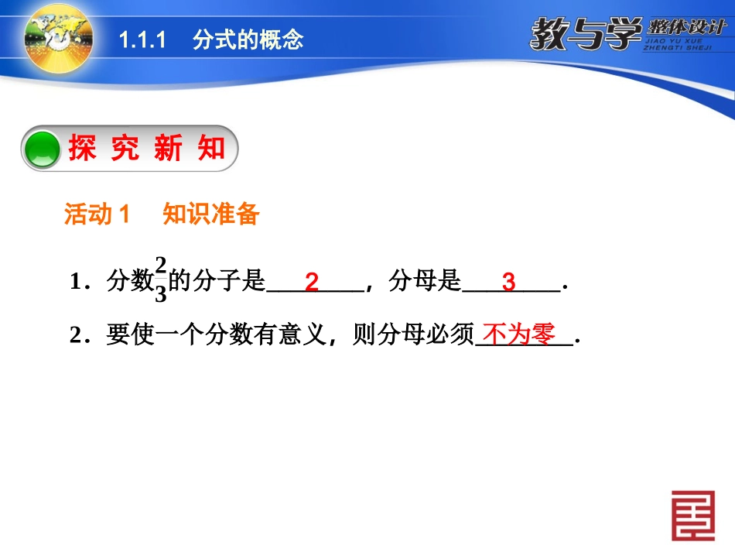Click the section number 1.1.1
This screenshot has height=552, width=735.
click(x=143, y=40)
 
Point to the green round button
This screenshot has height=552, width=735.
click(x=43, y=149)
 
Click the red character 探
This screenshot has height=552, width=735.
click(x=83, y=148)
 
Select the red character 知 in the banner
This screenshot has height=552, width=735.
click(x=210, y=148)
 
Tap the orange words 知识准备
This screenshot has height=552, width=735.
click(x=210, y=215)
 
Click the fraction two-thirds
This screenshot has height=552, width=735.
click(x=161, y=280)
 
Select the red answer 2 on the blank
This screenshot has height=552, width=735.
click(x=311, y=282)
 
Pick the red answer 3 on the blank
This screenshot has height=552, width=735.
click(x=508, y=282)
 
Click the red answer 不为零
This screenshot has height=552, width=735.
click(x=519, y=334)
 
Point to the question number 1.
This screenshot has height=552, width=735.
click(x=76, y=283)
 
